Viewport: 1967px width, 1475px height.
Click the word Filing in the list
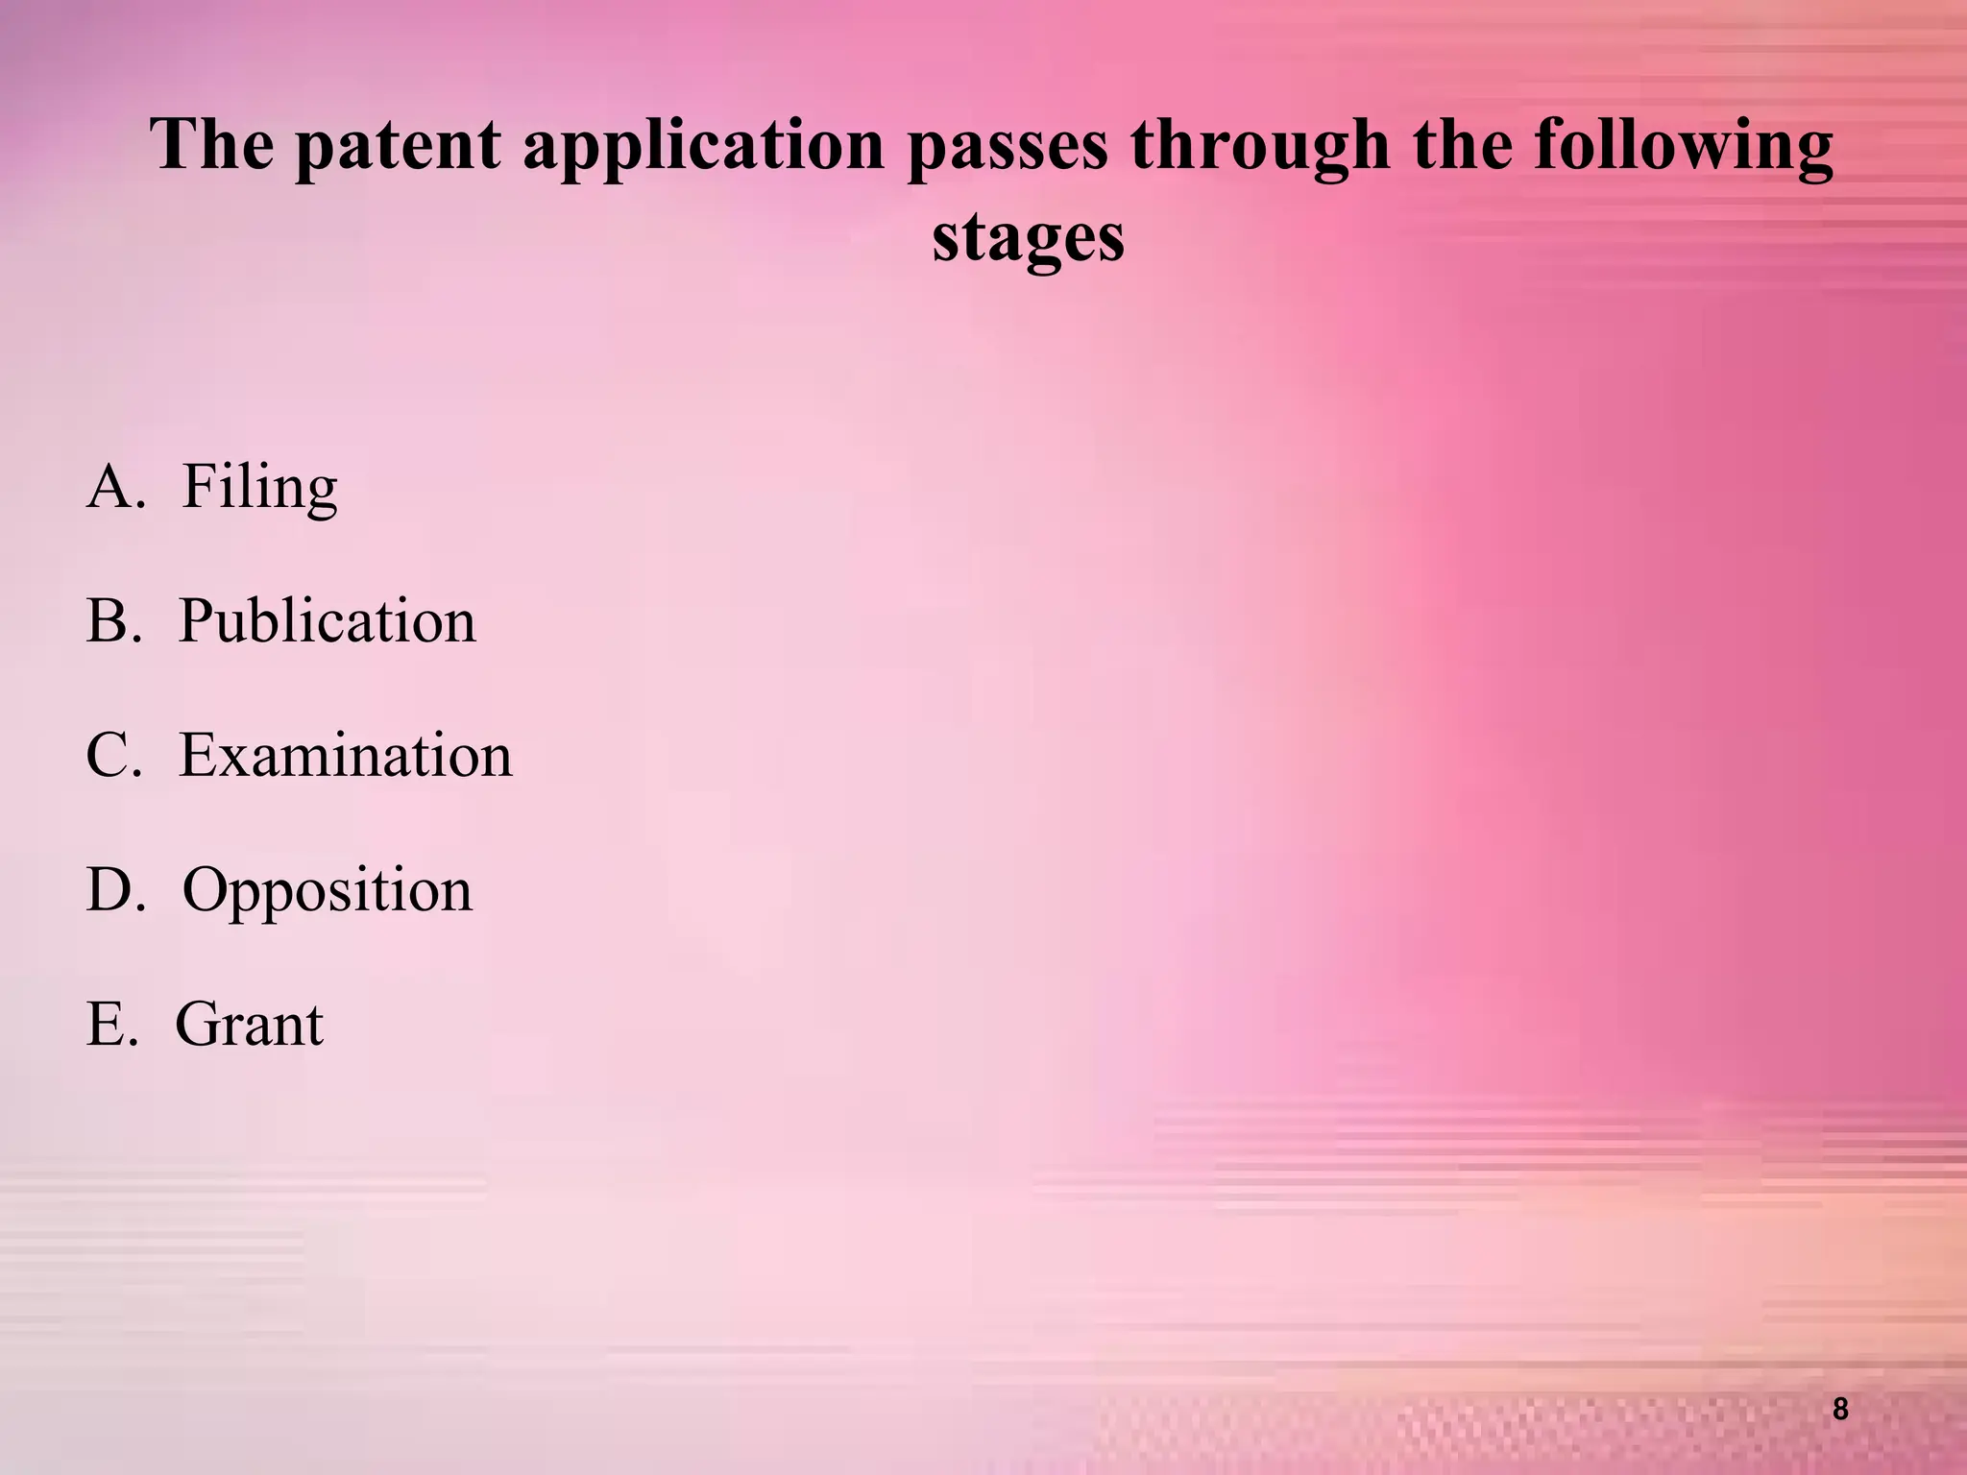coord(259,488)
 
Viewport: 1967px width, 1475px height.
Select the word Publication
coord(328,621)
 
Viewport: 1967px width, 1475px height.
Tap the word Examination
coord(346,756)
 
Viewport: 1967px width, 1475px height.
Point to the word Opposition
coord(328,891)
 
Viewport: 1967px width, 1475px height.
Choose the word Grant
coord(249,1025)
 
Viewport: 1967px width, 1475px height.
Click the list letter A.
coord(113,487)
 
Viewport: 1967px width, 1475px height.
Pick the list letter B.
coord(111,621)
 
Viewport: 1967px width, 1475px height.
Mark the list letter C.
coord(111,756)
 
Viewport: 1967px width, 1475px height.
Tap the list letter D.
coord(113,890)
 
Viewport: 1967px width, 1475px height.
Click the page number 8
coord(1840,1409)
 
